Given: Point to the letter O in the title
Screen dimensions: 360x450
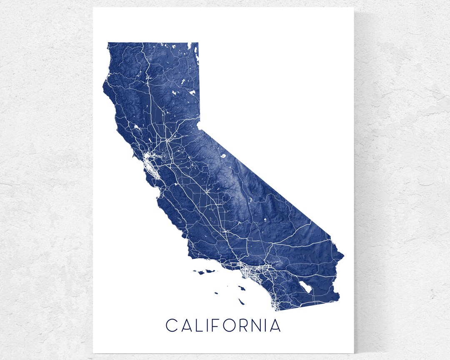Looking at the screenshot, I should click(x=232, y=325).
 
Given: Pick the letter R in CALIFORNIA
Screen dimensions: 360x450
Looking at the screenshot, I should click(x=247, y=325).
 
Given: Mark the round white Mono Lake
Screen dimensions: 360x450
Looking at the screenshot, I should click(x=223, y=156).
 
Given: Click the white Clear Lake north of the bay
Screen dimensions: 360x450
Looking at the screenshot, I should click(x=136, y=126).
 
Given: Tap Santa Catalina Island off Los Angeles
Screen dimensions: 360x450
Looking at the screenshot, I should click(x=240, y=287).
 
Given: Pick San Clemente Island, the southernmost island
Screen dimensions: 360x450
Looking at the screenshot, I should click(x=241, y=301).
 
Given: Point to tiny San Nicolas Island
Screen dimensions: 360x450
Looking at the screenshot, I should click(x=217, y=293).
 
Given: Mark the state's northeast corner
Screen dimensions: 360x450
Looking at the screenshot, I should click(x=197, y=43).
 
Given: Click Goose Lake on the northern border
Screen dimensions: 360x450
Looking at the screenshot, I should click(x=194, y=48).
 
